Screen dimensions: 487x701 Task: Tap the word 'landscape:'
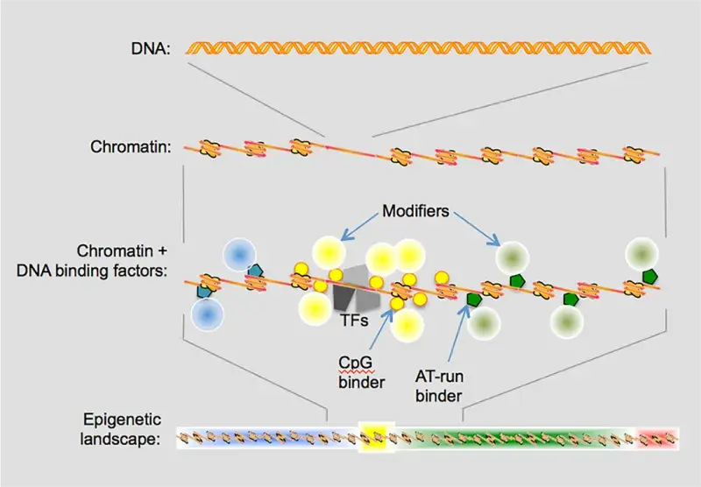[123, 438]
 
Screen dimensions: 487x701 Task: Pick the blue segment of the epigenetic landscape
[263, 435]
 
